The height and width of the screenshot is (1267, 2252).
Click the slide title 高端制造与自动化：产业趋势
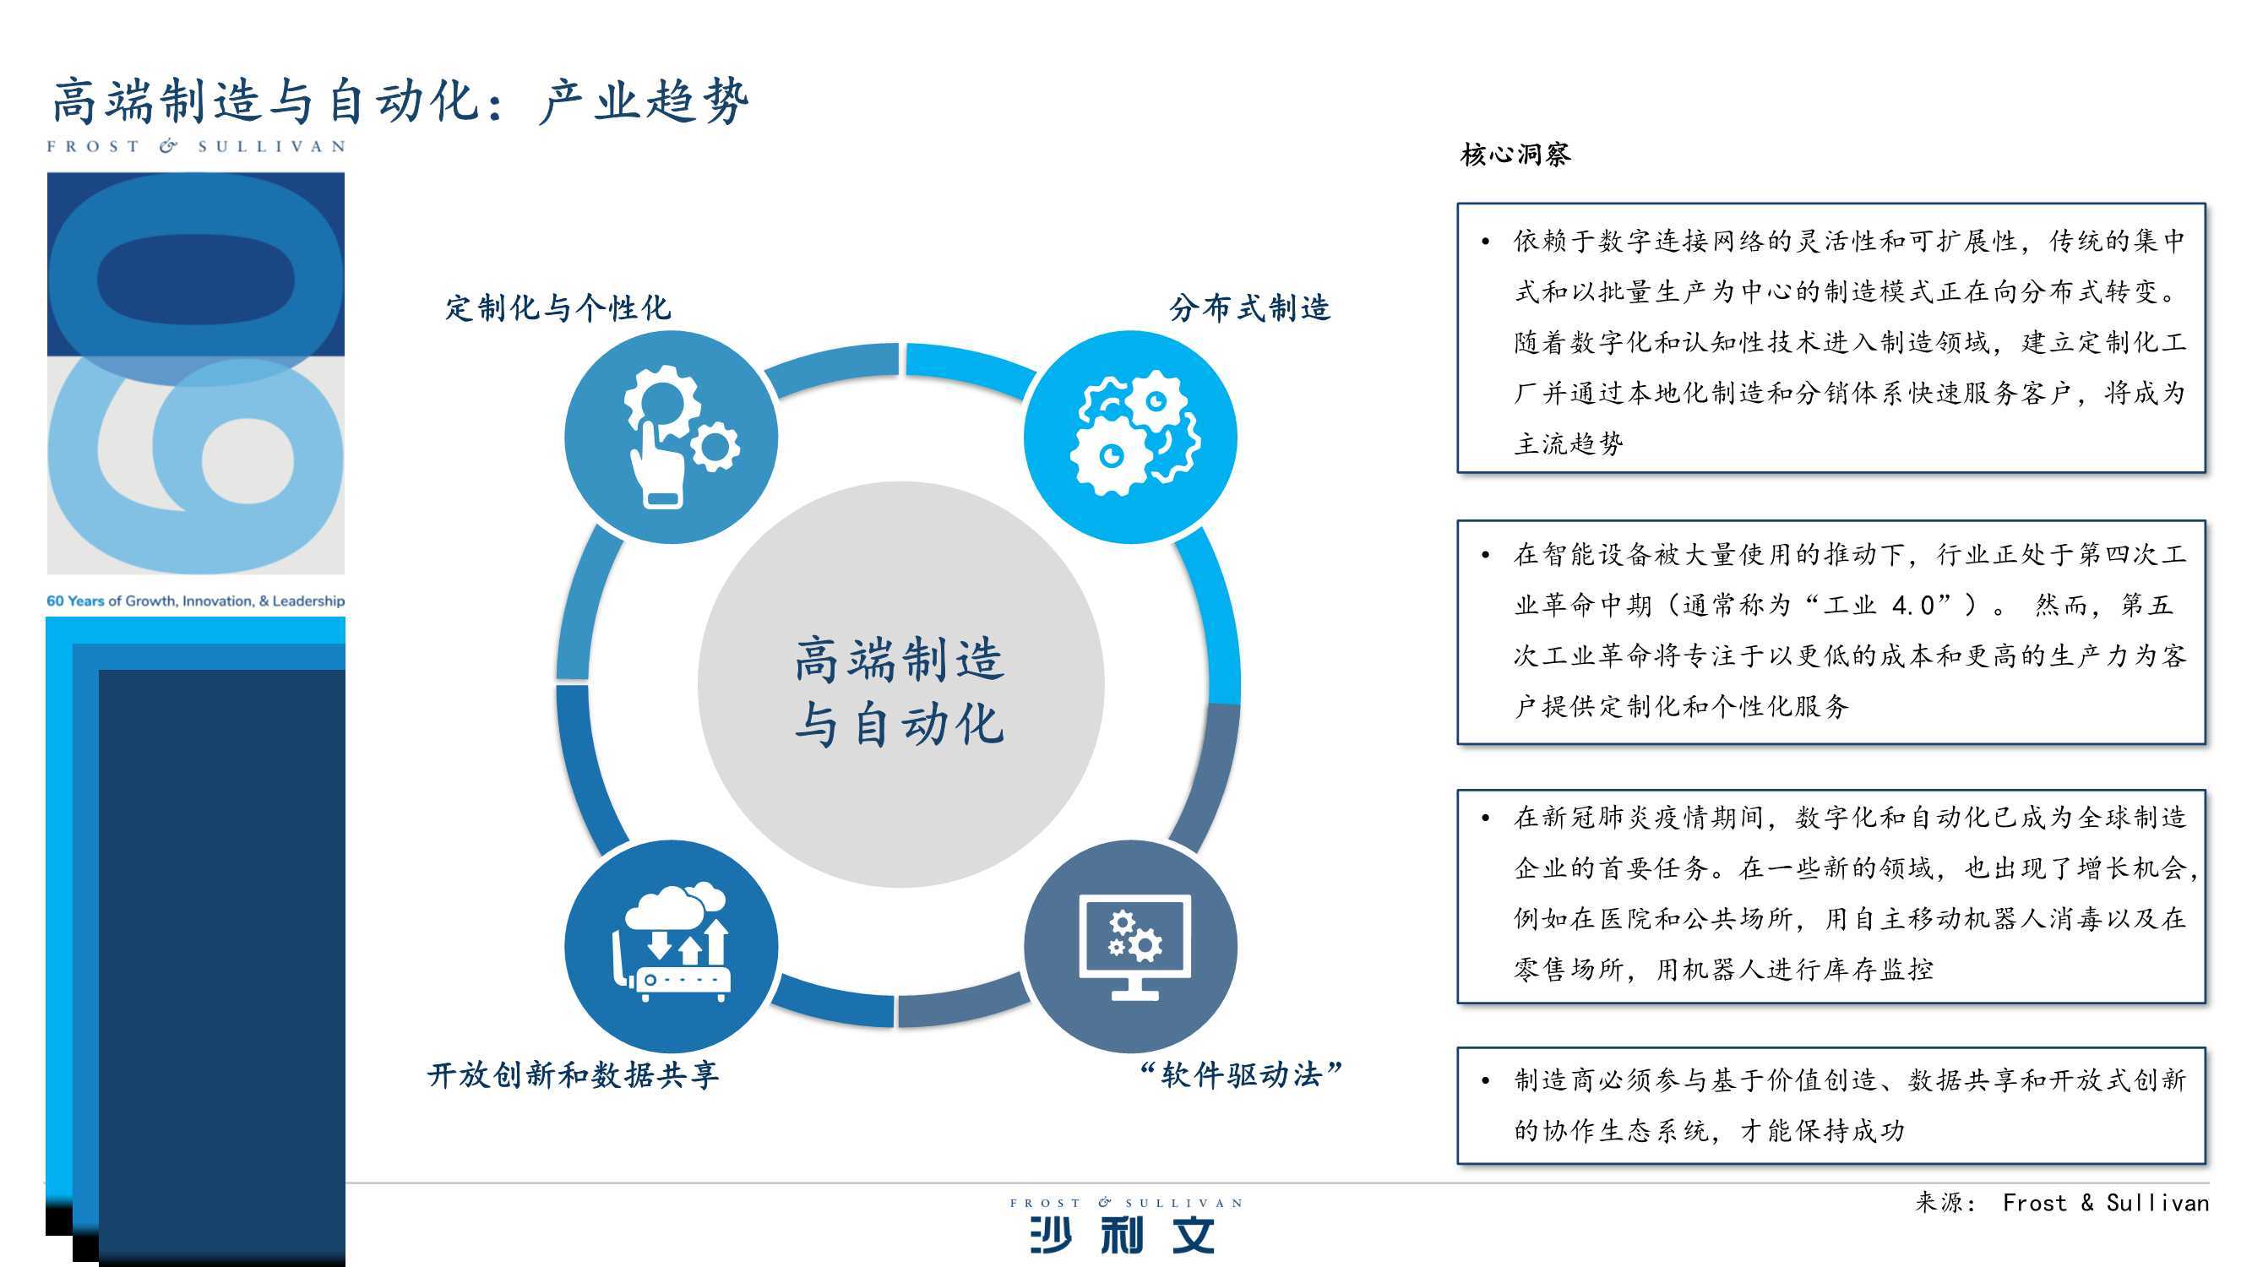tap(400, 101)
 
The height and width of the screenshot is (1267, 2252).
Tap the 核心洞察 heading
tap(1515, 155)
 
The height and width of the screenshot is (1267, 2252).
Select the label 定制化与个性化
tap(558, 307)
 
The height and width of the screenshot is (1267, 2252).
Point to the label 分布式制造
tap(1249, 307)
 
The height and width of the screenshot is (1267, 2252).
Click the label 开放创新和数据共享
tap(573, 1074)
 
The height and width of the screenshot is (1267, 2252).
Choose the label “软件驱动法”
tap(1241, 1074)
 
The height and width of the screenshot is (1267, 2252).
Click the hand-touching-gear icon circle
tap(671, 438)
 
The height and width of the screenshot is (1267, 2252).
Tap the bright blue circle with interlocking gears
tap(1130, 438)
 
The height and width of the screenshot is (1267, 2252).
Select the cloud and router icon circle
tap(671, 947)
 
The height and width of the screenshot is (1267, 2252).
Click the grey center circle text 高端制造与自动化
tap(900, 692)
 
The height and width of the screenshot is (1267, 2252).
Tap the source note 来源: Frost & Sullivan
tap(2061, 1203)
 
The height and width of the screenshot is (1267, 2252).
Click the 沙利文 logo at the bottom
tap(1125, 1226)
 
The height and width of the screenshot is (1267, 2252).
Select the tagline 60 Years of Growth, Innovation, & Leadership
tap(196, 601)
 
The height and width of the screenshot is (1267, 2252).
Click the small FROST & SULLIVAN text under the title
tap(196, 146)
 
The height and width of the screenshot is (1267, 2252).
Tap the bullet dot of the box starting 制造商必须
tap(1485, 1082)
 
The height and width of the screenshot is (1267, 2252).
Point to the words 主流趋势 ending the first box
tap(1569, 444)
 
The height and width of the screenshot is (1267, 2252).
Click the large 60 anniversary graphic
tap(196, 373)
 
